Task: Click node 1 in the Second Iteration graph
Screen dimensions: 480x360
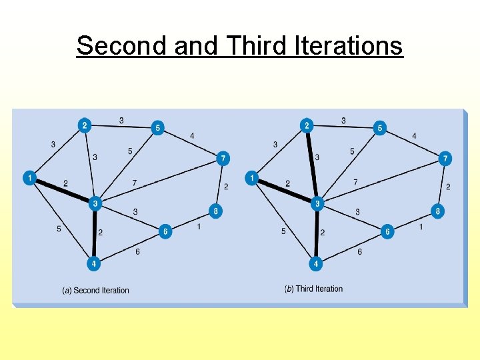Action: [29, 178]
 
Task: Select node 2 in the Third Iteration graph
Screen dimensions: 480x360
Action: [306, 125]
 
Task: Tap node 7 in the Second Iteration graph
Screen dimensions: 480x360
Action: [223, 159]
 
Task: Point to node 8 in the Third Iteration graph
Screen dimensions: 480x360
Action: [437, 211]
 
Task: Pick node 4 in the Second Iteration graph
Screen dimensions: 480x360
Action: [94, 264]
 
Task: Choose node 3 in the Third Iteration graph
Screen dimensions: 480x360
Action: [318, 203]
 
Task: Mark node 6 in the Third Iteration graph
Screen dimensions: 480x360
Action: [387, 232]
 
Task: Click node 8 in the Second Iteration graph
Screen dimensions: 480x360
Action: [215, 211]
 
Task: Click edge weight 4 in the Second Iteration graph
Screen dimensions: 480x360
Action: [192, 136]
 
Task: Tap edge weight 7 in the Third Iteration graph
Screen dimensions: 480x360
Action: [355, 182]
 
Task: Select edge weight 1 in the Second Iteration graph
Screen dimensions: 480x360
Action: [199, 227]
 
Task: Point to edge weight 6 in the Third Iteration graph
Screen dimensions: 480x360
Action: [359, 252]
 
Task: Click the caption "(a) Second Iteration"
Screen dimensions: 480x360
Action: [95, 291]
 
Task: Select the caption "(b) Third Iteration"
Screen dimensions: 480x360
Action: [313, 289]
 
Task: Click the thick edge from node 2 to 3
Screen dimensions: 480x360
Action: [312, 164]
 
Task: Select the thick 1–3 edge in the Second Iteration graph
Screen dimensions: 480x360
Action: [62, 191]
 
